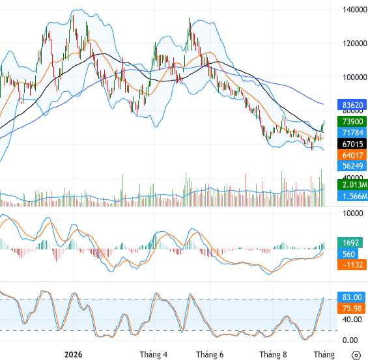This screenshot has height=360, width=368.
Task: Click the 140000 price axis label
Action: pos(354,10)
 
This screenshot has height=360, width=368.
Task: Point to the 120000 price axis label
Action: pos(354,44)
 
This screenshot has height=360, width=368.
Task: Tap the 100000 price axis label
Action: pos(354,77)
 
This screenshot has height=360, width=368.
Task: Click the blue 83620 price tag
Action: pos(352,105)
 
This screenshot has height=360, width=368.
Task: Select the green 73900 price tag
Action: pos(352,122)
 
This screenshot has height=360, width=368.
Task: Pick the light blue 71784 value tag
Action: pos(352,133)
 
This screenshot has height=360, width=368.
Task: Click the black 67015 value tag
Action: pos(352,144)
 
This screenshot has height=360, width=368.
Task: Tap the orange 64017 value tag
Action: pos(352,155)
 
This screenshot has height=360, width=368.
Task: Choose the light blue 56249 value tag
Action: pos(352,166)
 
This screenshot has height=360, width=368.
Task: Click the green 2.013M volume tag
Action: pos(353,185)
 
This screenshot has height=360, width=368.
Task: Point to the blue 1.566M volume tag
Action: pos(353,196)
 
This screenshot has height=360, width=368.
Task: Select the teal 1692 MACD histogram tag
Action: pos(350,243)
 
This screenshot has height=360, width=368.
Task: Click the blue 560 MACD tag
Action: pos(348,254)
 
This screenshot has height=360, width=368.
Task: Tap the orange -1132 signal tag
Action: pos(351,264)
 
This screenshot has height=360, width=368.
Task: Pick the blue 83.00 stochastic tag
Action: pos(351,297)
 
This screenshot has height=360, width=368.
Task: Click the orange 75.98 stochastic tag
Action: pos(351,308)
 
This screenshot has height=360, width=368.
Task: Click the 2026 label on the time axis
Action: pos(73,354)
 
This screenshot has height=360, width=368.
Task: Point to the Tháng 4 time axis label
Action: pos(154,354)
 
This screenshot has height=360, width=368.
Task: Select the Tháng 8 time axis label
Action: pos(273,354)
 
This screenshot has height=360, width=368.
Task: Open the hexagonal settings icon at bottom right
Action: pos(356,355)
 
